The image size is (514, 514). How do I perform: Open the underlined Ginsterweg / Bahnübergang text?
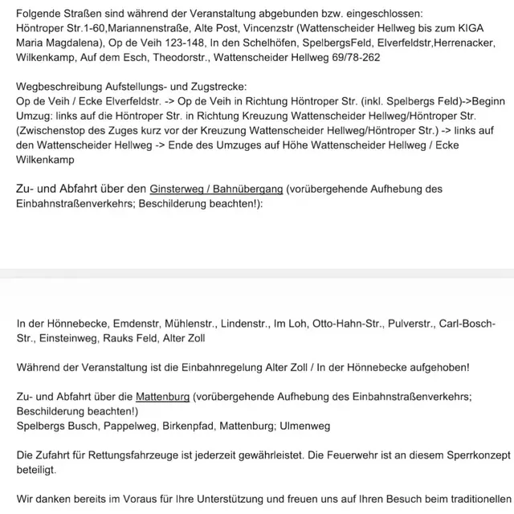click(216, 190)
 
